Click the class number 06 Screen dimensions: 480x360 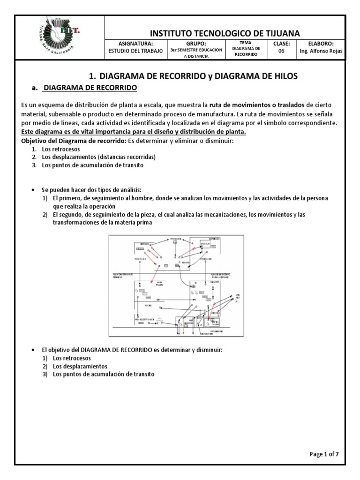coord(281,52)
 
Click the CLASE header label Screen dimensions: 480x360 coord(281,44)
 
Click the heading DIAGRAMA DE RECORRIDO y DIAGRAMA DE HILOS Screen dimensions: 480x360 coord(193,76)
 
